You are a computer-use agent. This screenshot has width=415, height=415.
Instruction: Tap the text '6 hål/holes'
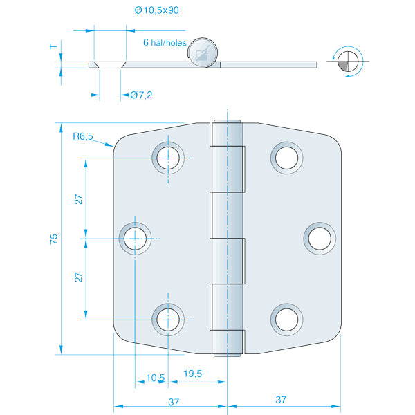(165, 42)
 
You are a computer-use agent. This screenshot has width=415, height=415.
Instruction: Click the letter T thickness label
(53, 46)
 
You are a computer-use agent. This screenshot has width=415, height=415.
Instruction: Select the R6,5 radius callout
(83, 137)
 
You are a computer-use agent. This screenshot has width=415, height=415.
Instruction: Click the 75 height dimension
(54, 239)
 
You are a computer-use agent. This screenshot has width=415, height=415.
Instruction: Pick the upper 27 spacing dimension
(79, 199)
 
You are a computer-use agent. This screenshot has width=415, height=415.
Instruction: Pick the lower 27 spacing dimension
(79, 277)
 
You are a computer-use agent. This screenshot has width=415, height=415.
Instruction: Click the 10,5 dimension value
(156, 378)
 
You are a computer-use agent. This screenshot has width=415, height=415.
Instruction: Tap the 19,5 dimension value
(193, 373)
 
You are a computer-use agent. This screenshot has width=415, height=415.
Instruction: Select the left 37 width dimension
(173, 400)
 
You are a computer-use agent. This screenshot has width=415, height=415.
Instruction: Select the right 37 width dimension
(281, 400)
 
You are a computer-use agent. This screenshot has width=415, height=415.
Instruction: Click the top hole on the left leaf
(168, 158)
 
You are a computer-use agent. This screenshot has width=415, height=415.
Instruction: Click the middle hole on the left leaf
(135, 239)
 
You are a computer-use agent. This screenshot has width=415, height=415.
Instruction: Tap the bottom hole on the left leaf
(168, 319)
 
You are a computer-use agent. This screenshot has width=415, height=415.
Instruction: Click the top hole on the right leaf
(286, 158)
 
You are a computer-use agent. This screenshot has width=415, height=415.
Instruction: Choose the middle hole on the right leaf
(319, 239)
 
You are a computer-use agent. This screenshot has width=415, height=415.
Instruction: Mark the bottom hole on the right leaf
(286, 319)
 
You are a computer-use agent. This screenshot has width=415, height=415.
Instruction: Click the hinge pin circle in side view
(203, 53)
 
